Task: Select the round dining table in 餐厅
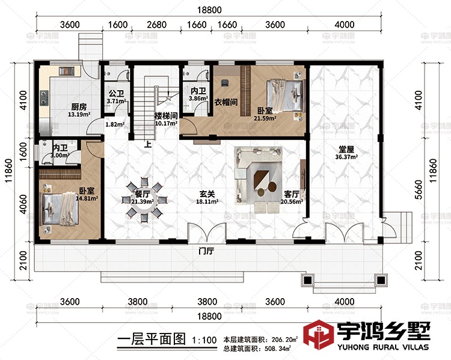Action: pos(144,199)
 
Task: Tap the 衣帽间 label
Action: pos(226,102)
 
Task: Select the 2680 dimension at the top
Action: pos(156,25)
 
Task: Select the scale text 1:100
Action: pos(204,340)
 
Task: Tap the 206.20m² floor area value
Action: pos(276,339)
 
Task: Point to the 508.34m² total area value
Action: pos(276,347)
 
